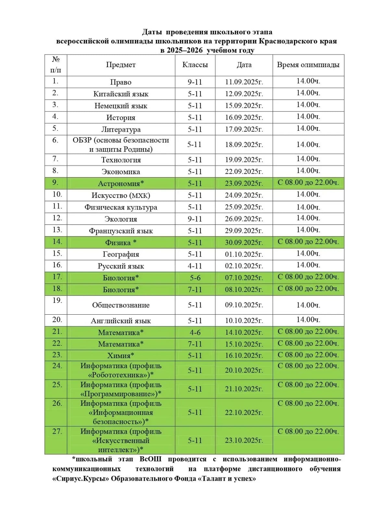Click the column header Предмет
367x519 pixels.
(121, 65)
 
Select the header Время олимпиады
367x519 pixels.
(308, 65)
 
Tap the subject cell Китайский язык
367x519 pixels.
(121, 94)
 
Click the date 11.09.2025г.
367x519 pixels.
(244, 82)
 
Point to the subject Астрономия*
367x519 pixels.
(121, 184)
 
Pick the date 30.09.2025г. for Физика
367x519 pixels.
(244, 243)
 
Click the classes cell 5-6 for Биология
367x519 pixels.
(195, 278)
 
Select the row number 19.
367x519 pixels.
(57, 300)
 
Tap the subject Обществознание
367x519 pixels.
(121, 305)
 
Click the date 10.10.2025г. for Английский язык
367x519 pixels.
(244, 321)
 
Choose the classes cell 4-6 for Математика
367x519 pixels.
(195, 332)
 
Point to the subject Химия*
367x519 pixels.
(121, 356)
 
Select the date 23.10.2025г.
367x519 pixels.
(244, 441)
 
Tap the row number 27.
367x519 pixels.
(57, 431)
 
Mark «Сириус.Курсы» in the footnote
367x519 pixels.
(80, 479)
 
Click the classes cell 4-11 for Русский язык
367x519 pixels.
(195, 266)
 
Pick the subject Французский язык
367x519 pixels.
(121, 231)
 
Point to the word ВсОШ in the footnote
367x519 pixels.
(150, 459)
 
